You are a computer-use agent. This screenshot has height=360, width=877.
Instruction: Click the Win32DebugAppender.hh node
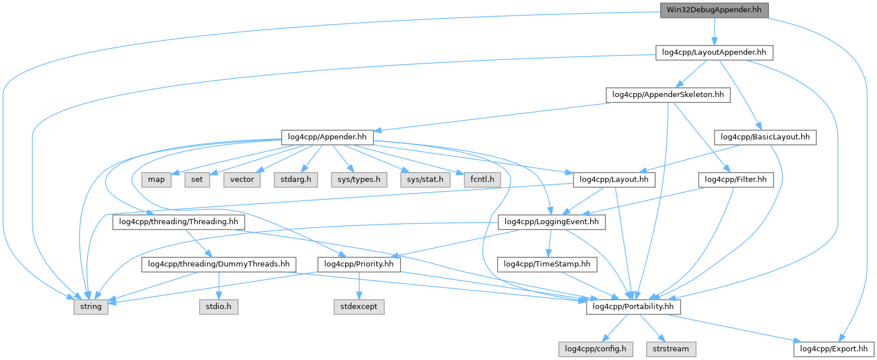[714, 10]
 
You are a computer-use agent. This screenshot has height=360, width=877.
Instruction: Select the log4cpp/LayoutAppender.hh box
[714, 53]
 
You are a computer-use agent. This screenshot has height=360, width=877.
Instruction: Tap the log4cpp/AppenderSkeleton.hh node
[667, 95]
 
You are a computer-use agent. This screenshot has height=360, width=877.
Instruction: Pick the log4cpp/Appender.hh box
[327, 137]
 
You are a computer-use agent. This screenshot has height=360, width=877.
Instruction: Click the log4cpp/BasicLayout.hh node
[765, 137]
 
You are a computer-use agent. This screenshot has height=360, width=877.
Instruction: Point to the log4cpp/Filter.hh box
[736, 180]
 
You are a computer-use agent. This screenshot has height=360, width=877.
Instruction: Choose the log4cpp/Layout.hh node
[613, 180]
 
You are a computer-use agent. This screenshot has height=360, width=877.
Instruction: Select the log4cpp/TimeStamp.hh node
[547, 264]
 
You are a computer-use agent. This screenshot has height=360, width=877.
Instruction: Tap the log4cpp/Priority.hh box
[360, 264]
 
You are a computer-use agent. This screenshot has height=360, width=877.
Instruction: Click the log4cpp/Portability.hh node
[633, 306]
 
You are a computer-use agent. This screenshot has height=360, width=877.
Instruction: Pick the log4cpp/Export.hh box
[834, 348]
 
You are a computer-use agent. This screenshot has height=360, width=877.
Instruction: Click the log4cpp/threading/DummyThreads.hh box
[219, 264]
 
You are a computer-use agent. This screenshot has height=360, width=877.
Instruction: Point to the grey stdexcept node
[359, 306]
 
